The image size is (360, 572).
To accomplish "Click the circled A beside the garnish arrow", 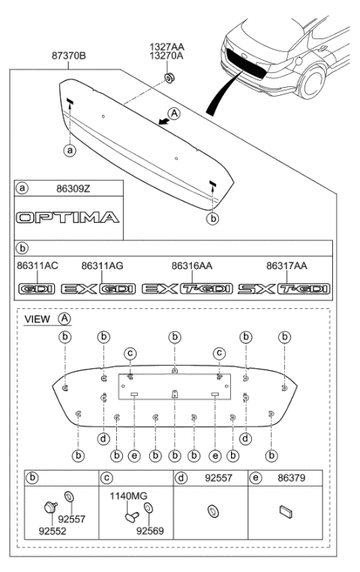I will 175,114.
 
